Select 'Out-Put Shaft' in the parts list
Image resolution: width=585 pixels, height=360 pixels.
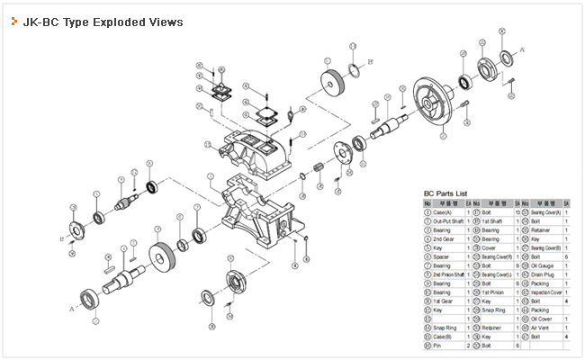[x=448, y=220]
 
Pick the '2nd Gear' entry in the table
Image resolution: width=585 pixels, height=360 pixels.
[x=444, y=239]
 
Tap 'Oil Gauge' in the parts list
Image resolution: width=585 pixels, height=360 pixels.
[x=546, y=265]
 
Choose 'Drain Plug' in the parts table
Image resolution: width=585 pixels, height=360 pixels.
[x=546, y=274]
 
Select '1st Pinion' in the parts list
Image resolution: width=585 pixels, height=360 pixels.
[x=494, y=292]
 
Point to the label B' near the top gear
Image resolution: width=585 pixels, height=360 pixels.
[x=370, y=61]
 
